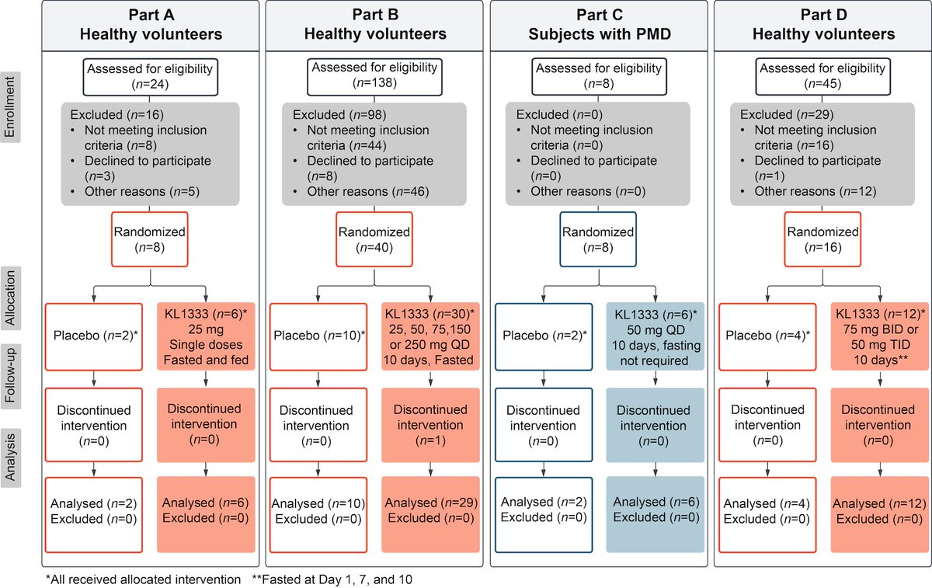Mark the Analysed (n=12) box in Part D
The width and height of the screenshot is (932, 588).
[x=880, y=511]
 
